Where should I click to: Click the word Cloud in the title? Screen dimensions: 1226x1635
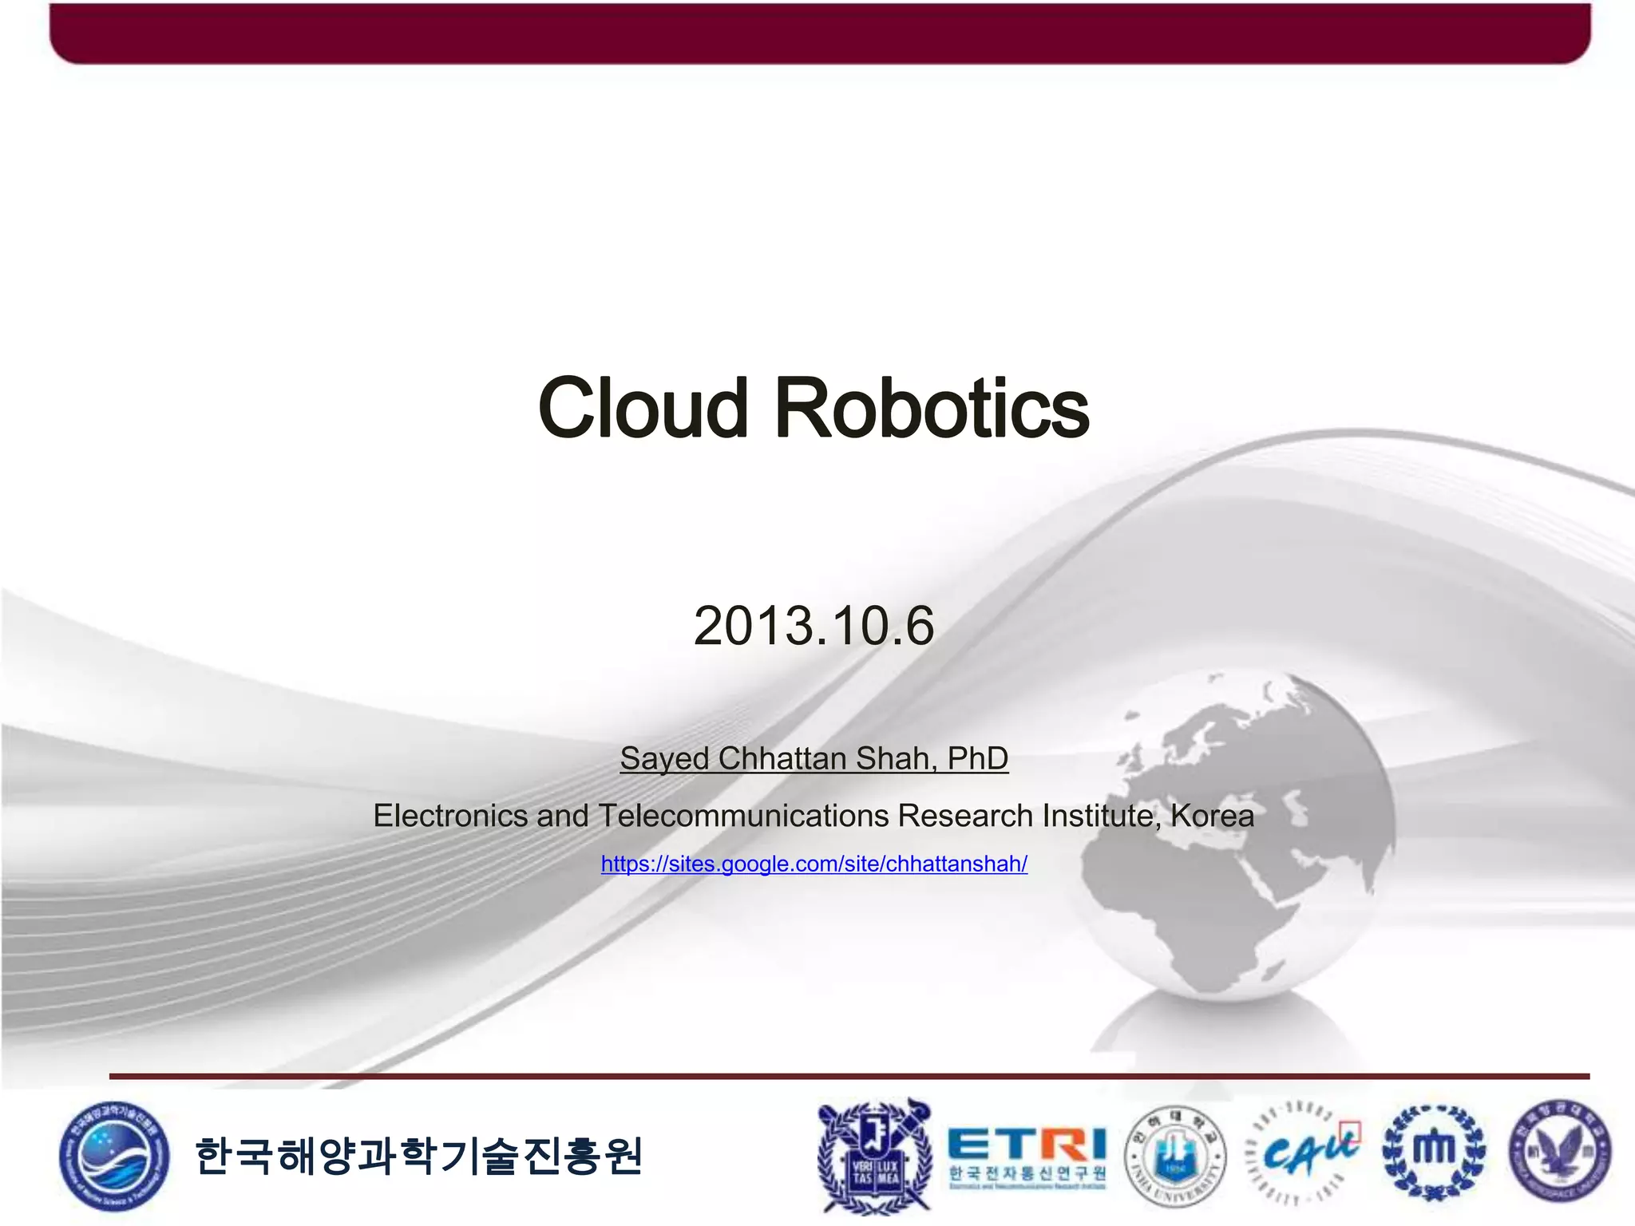pos(643,409)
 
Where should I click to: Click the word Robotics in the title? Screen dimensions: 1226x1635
pos(932,409)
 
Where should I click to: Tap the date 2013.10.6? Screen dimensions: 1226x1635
pos(814,626)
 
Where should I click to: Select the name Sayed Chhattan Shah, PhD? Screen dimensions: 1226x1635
pos(814,758)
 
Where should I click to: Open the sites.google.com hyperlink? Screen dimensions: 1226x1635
pos(814,864)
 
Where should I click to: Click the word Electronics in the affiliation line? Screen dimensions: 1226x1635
pos(450,816)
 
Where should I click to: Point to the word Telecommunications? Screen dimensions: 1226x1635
pos(743,816)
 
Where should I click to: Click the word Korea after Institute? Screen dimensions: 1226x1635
pos(1212,816)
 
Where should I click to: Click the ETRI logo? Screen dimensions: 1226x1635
pos(1027,1156)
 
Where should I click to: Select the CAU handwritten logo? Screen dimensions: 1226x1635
pos(1303,1153)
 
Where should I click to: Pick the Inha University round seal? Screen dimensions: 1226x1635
pos(1174,1155)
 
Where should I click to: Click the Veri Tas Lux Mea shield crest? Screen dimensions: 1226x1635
pos(875,1155)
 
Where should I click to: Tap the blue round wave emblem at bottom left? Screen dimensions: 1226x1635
pos(114,1156)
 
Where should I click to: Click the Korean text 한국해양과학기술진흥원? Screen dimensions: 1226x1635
pos(418,1156)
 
